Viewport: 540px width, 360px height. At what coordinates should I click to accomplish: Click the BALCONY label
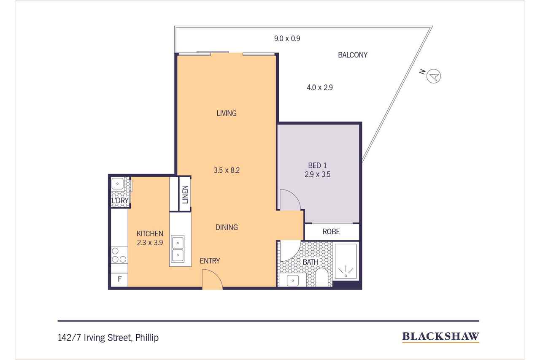pos(353,55)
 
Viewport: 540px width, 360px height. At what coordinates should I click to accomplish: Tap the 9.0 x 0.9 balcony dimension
pos(287,38)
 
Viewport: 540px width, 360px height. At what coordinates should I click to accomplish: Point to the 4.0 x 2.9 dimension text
pos(320,87)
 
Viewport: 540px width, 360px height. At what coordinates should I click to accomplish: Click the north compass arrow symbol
pos(434,76)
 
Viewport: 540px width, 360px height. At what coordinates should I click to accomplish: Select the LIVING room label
pos(227,113)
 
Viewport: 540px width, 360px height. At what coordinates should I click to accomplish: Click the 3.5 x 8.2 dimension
pos(227,170)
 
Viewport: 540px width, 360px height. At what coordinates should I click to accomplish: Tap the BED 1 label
pos(318,165)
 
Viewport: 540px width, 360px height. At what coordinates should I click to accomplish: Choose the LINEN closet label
pos(185,194)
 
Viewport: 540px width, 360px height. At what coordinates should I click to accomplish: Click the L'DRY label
pos(120,200)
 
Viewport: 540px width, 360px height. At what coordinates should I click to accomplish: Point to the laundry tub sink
pos(117,184)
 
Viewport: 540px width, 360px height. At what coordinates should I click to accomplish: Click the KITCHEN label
pos(150,233)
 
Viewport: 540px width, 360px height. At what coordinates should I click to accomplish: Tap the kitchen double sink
pos(178,249)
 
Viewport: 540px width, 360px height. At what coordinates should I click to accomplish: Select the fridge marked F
pos(119,279)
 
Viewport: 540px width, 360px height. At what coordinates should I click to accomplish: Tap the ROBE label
pos(331,231)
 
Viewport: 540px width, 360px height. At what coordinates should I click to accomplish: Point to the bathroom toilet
pos(321,277)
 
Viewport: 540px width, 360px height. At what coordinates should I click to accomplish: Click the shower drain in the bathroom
pos(346,276)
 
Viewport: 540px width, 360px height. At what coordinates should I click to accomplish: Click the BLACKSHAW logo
pos(441,337)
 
